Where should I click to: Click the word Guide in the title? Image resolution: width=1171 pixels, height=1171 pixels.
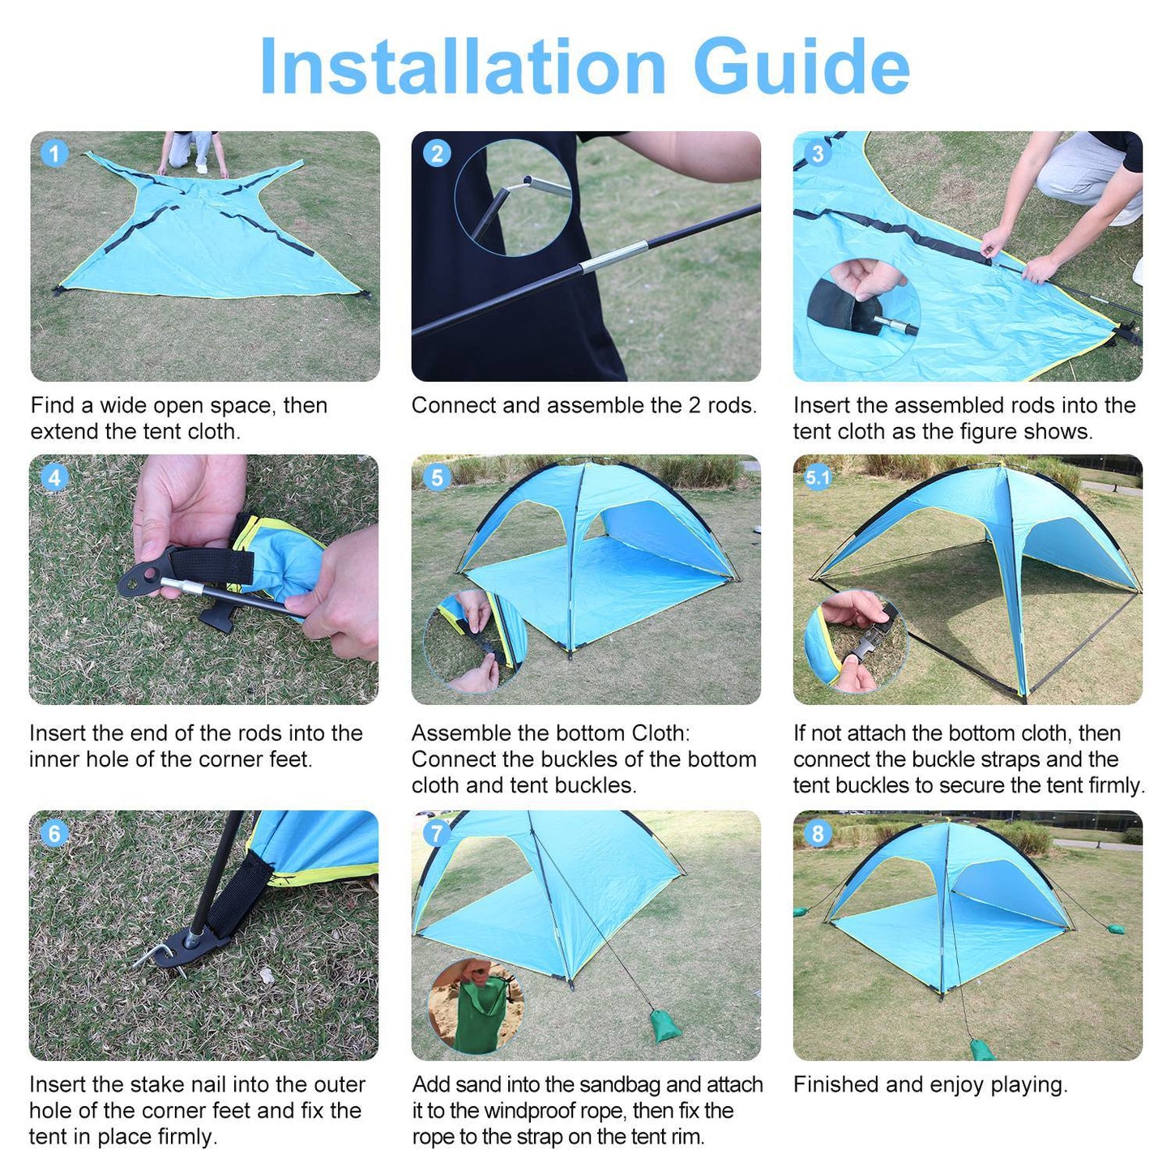(x=801, y=67)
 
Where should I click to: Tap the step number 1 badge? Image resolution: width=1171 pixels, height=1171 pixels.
(x=54, y=154)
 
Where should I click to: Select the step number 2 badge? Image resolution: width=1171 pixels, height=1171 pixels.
(x=437, y=154)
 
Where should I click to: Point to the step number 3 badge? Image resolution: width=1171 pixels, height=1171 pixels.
(x=818, y=154)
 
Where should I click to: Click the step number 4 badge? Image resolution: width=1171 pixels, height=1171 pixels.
(x=54, y=477)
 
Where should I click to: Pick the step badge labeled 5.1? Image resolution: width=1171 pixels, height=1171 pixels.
(x=818, y=477)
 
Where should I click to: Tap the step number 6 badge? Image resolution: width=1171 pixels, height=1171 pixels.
(x=54, y=833)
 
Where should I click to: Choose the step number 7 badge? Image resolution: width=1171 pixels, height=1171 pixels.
(x=437, y=833)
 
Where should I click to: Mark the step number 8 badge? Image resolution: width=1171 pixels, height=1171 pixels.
(x=818, y=833)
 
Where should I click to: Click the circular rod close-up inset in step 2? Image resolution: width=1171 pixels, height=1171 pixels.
(x=513, y=199)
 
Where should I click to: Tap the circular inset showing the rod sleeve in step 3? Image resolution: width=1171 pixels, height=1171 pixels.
(x=863, y=314)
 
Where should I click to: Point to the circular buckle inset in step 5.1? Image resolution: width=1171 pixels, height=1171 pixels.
(x=855, y=640)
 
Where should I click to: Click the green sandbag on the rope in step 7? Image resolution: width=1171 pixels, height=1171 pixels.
(x=666, y=1026)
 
